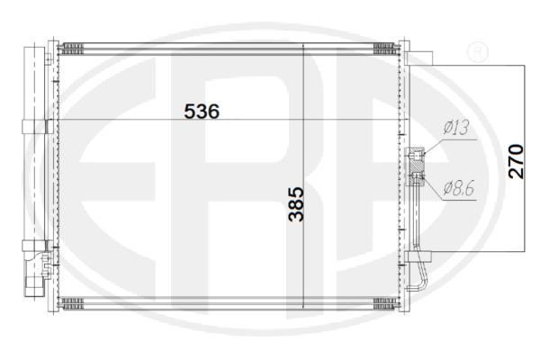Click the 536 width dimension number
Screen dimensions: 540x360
point(202,112)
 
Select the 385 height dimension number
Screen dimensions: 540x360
point(296,204)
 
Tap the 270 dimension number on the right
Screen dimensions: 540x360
point(516,162)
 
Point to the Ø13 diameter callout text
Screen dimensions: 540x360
point(456,128)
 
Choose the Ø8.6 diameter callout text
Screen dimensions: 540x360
point(459,188)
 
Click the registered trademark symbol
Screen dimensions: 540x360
point(477,51)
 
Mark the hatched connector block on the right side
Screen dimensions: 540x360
point(418,166)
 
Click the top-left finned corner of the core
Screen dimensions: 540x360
point(71,49)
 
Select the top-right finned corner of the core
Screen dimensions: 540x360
point(385,49)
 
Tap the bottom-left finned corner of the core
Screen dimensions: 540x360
point(71,303)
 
